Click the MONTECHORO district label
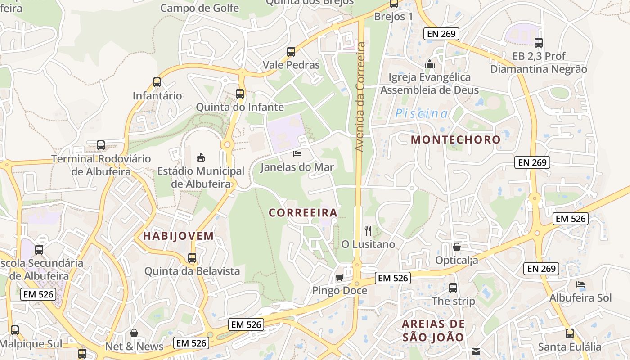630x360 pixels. [455, 139]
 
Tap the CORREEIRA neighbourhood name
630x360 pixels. [303, 212]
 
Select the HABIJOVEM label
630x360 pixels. [178, 236]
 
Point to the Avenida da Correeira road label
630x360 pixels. [360, 96]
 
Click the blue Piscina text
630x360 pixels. [422, 113]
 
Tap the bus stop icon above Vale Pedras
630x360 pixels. [291, 52]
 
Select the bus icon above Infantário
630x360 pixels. [157, 82]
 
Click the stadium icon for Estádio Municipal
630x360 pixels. [201, 157]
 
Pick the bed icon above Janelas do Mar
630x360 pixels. [297, 154]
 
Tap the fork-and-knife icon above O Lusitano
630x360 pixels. [368, 231]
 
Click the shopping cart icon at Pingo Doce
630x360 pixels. [340, 278]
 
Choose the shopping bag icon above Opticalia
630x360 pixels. [456, 247]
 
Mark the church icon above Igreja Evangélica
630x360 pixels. [430, 64]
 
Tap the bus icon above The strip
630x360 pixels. [453, 288]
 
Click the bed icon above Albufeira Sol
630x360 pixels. [580, 284]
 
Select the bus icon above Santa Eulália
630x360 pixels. [570, 333]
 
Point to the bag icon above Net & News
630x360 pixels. [134, 333]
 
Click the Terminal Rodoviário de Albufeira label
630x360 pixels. [101, 165]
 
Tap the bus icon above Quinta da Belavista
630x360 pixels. [192, 258]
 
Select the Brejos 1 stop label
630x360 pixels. [393, 17]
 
